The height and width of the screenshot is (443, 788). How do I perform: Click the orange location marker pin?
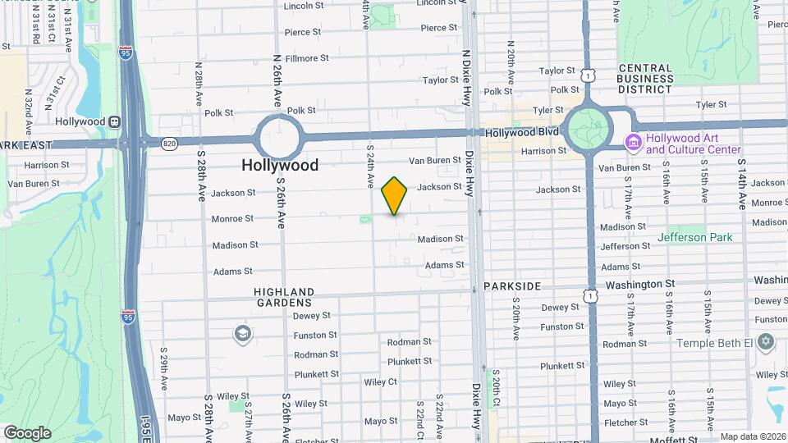pyautogui.click(x=394, y=196)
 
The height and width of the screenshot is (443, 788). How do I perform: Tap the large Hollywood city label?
pyautogui.click(x=280, y=165)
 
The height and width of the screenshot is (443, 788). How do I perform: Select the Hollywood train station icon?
pyautogui.click(x=114, y=121)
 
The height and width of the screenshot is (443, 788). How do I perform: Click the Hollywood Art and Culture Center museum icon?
pyautogui.click(x=633, y=144)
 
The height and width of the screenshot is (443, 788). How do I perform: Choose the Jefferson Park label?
pyautogui.click(x=694, y=238)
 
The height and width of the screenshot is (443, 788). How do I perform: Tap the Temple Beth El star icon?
pyautogui.click(x=766, y=341)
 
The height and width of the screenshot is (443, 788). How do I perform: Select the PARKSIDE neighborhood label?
pyautogui.click(x=511, y=286)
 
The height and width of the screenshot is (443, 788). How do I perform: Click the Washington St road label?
pyautogui.click(x=639, y=284)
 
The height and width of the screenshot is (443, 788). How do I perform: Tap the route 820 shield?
pyautogui.click(x=170, y=143)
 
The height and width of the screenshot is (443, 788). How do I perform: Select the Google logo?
pyautogui.click(x=27, y=433)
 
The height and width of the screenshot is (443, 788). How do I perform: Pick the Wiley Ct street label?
pyautogui.click(x=380, y=382)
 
